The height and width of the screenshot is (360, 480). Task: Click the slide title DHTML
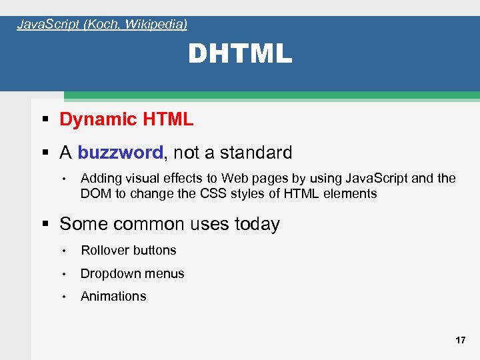[240, 54]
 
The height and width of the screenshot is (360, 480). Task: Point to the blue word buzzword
[120, 153]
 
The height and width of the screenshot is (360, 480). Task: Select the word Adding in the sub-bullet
[99, 178]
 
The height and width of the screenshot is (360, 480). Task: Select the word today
[257, 224]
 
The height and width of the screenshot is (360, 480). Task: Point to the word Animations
[113, 296]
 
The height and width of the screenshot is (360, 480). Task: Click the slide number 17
[460, 340]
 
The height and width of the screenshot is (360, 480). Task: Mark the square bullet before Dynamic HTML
[45, 120]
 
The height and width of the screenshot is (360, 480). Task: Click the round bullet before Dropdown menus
[65, 274]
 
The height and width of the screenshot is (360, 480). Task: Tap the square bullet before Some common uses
[45, 225]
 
